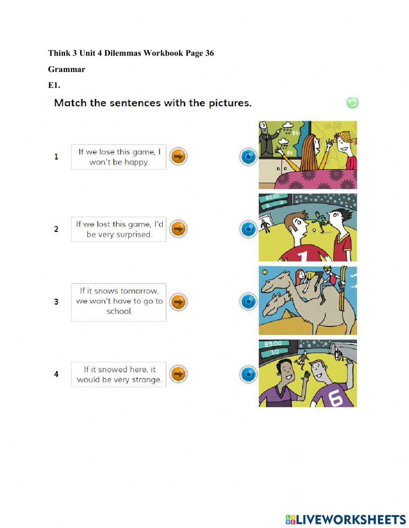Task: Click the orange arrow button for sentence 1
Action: (x=178, y=157)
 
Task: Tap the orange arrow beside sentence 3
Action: (x=178, y=302)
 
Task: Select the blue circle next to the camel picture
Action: (x=248, y=301)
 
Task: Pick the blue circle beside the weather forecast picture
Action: (x=248, y=157)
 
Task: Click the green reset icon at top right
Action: (x=353, y=103)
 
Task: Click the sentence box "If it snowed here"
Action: (x=119, y=374)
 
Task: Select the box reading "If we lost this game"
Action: (x=119, y=229)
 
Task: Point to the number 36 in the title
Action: (x=209, y=53)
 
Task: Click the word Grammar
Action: (x=67, y=70)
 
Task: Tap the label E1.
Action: (x=54, y=85)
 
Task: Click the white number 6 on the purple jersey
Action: (x=336, y=398)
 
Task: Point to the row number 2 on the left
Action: (x=56, y=229)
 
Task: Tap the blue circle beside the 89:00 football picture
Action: (x=248, y=374)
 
